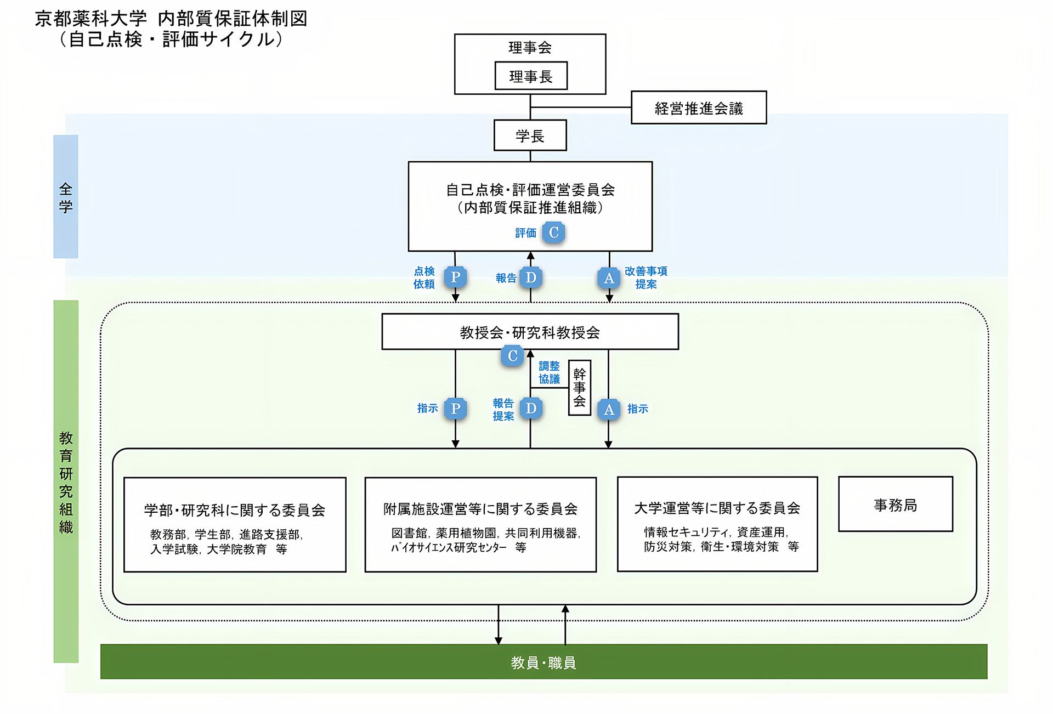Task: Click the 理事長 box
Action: (530, 76)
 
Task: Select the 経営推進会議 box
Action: (698, 108)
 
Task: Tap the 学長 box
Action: (530, 135)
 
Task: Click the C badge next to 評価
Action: (553, 233)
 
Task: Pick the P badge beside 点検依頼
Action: (455, 277)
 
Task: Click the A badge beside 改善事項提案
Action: (609, 278)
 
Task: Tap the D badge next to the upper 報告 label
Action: (531, 277)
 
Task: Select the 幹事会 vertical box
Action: (579, 388)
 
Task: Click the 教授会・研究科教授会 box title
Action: (530, 332)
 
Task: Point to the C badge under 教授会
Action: (512, 356)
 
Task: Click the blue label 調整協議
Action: (549, 372)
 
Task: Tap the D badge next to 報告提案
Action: (531, 409)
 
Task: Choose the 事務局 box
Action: (895, 505)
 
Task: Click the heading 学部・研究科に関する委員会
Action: (235, 510)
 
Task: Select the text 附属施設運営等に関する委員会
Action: (480, 509)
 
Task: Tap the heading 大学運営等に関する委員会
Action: (717, 508)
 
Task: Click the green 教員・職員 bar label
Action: (543, 662)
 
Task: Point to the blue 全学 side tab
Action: (66, 197)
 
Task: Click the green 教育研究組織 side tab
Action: (66, 481)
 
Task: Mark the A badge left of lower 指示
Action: (609, 409)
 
